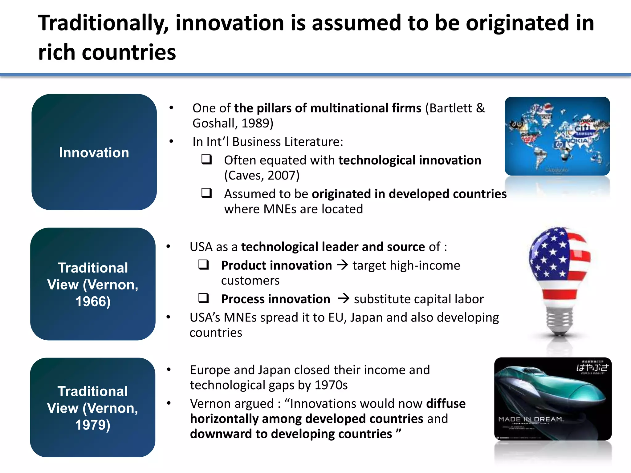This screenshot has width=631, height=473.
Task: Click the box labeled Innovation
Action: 94,152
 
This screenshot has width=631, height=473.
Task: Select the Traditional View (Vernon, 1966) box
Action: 93,284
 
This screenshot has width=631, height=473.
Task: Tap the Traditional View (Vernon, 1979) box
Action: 93,408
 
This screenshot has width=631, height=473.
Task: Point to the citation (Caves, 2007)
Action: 262,176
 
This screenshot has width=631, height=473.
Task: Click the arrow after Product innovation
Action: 342,265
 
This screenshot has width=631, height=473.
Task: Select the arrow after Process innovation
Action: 343,299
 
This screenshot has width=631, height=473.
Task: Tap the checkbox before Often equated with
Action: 206,160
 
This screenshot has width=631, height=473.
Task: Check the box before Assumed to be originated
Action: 206,193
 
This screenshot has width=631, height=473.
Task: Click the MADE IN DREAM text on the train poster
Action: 531,419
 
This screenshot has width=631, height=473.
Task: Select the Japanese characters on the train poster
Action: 592,367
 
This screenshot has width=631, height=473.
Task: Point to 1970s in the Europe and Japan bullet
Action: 333,385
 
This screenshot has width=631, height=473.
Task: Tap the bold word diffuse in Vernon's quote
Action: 446,404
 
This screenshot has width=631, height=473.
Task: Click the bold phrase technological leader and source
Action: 333,247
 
